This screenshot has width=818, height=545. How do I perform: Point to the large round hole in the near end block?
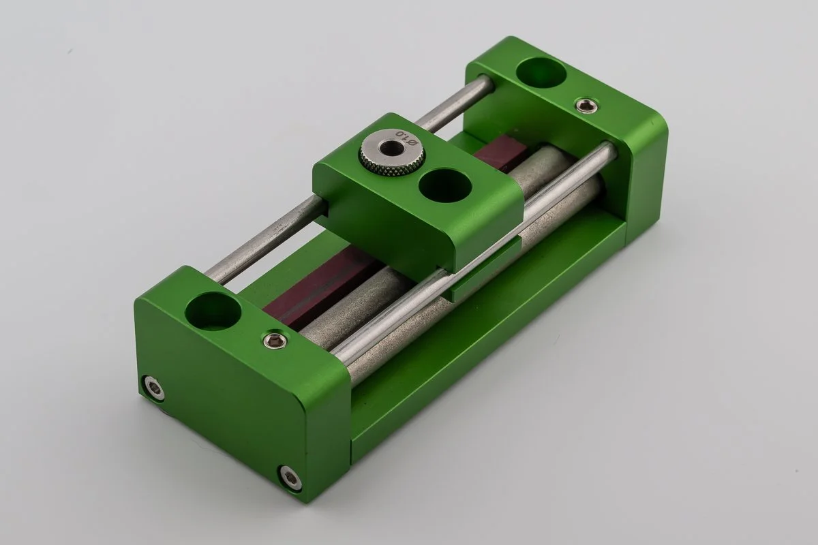(x=213, y=311)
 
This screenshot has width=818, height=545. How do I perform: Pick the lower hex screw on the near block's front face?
(x=290, y=478)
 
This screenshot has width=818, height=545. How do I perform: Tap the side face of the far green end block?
(x=644, y=184)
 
